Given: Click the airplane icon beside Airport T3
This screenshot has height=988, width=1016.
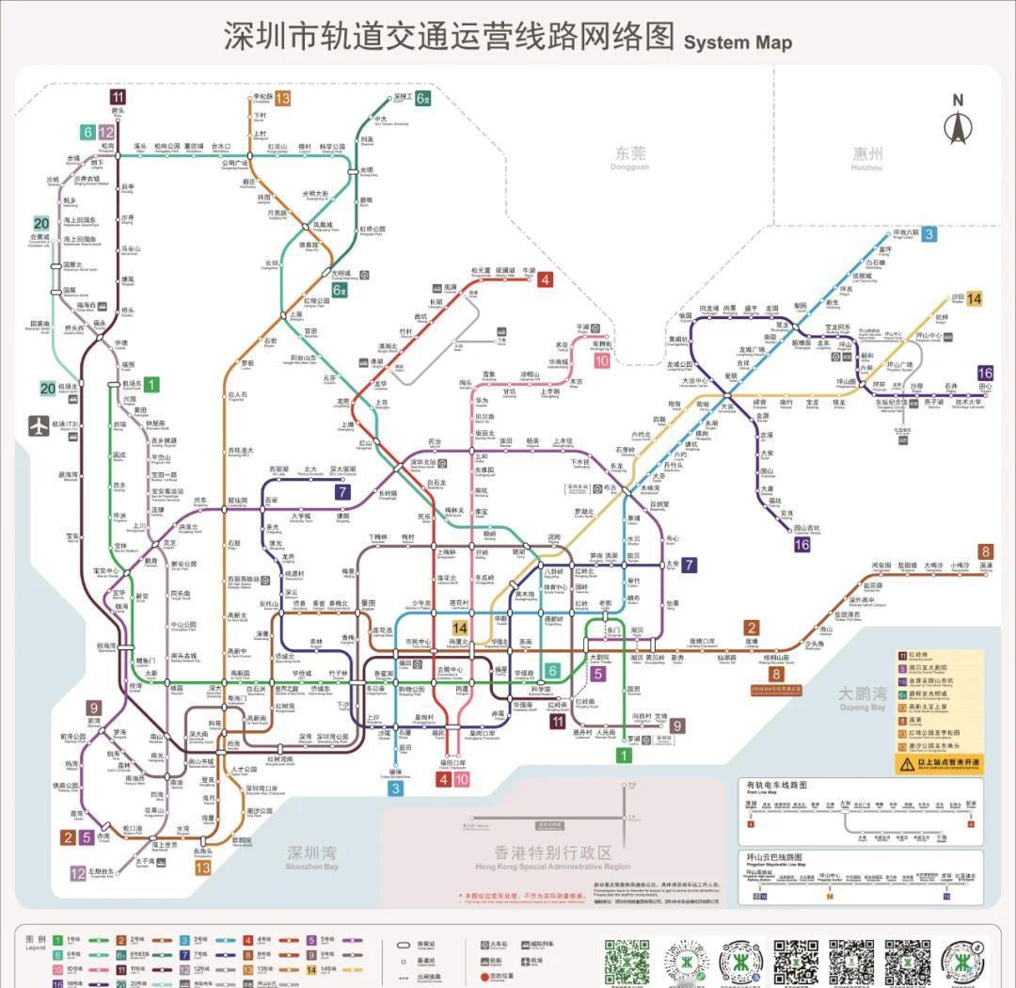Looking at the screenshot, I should tap(40, 425).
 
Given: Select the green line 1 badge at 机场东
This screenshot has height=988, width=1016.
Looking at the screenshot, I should tap(151, 384).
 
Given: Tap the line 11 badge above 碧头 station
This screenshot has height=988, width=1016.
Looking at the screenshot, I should tap(118, 97).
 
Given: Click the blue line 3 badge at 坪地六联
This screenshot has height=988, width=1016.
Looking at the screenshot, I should tap(929, 234).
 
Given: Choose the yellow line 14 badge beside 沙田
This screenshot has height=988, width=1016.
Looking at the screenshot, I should tap(974, 298).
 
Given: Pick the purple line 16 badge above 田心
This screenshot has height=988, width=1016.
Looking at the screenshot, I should tap(985, 374).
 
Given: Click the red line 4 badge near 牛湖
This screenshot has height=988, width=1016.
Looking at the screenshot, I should tap(545, 279).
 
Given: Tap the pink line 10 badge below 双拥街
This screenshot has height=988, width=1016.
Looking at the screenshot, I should tap(601, 360).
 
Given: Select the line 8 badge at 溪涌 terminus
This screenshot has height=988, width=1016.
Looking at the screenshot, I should tap(985, 551).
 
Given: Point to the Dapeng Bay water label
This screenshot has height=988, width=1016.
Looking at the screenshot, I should tap(862, 697).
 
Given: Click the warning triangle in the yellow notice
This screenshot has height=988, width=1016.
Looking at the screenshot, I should tap(907, 764).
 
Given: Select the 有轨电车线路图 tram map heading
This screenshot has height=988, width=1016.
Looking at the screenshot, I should tap(776, 785).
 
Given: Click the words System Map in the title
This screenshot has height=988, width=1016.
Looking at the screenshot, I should tap(738, 42).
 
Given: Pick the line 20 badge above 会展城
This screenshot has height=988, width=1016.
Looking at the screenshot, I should tap(41, 224).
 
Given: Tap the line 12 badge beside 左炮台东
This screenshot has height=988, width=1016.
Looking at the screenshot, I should tap(77, 872).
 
